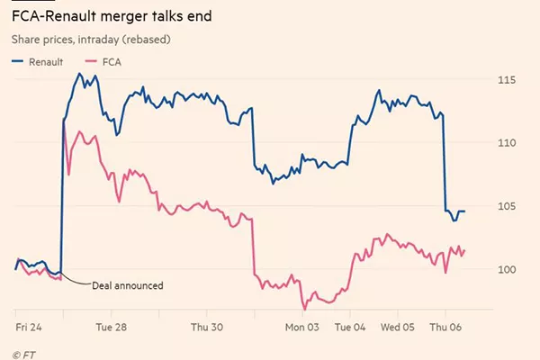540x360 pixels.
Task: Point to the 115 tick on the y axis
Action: coord(506,80)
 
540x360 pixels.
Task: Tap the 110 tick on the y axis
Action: coord(506,143)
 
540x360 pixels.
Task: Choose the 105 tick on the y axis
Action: coord(506,206)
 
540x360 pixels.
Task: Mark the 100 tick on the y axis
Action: coord(506,269)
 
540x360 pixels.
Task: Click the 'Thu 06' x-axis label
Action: coord(445,328)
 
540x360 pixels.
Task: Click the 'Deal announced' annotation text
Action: coord(128,285)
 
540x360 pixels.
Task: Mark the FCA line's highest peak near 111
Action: coord(79,131)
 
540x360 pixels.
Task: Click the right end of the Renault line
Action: coord(464,211)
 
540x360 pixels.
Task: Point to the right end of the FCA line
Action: coord(464,250)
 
